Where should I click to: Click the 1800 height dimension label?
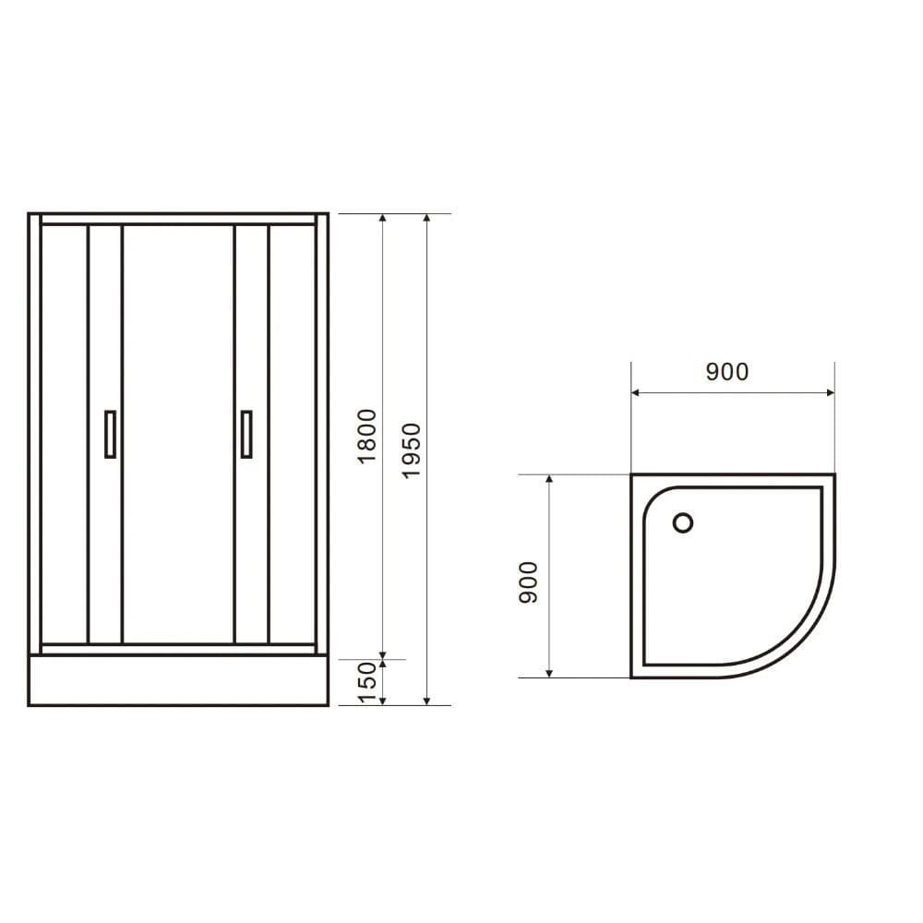click(x=368, y=436)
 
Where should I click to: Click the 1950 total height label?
click(x=412, y=450)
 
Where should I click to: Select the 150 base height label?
click(x=368, y=683)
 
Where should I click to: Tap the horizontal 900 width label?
click(x=727, y=372)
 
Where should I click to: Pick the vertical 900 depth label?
click(x=528, y=581)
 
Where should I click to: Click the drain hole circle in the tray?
click(x=683, y=523)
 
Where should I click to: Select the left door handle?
click(x=111, y=433)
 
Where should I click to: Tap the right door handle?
click(x=246, y=433)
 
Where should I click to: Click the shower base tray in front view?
click(x=178, y=680)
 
